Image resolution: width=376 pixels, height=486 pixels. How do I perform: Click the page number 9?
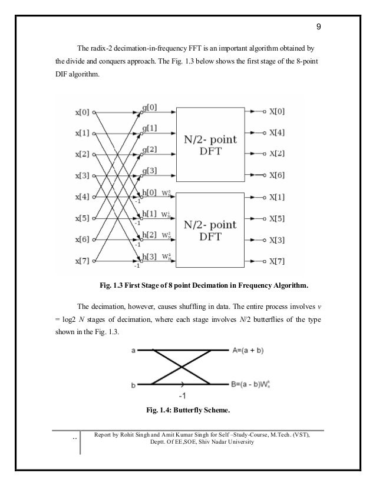(318, 27)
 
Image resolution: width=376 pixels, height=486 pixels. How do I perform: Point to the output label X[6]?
(276, 175)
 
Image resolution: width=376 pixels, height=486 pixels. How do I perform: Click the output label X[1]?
(276, 197)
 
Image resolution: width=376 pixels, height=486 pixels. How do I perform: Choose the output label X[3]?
(276, 239)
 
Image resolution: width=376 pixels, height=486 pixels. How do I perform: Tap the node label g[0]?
(150, 108)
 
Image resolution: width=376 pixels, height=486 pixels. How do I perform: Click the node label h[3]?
(149, 257)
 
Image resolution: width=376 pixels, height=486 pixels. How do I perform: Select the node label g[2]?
(150, 149)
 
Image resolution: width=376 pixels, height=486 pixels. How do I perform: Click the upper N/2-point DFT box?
(210, 144)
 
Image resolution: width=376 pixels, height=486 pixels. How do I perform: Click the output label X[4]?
(276, 132)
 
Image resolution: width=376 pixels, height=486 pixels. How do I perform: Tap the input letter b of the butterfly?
(133, 385)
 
